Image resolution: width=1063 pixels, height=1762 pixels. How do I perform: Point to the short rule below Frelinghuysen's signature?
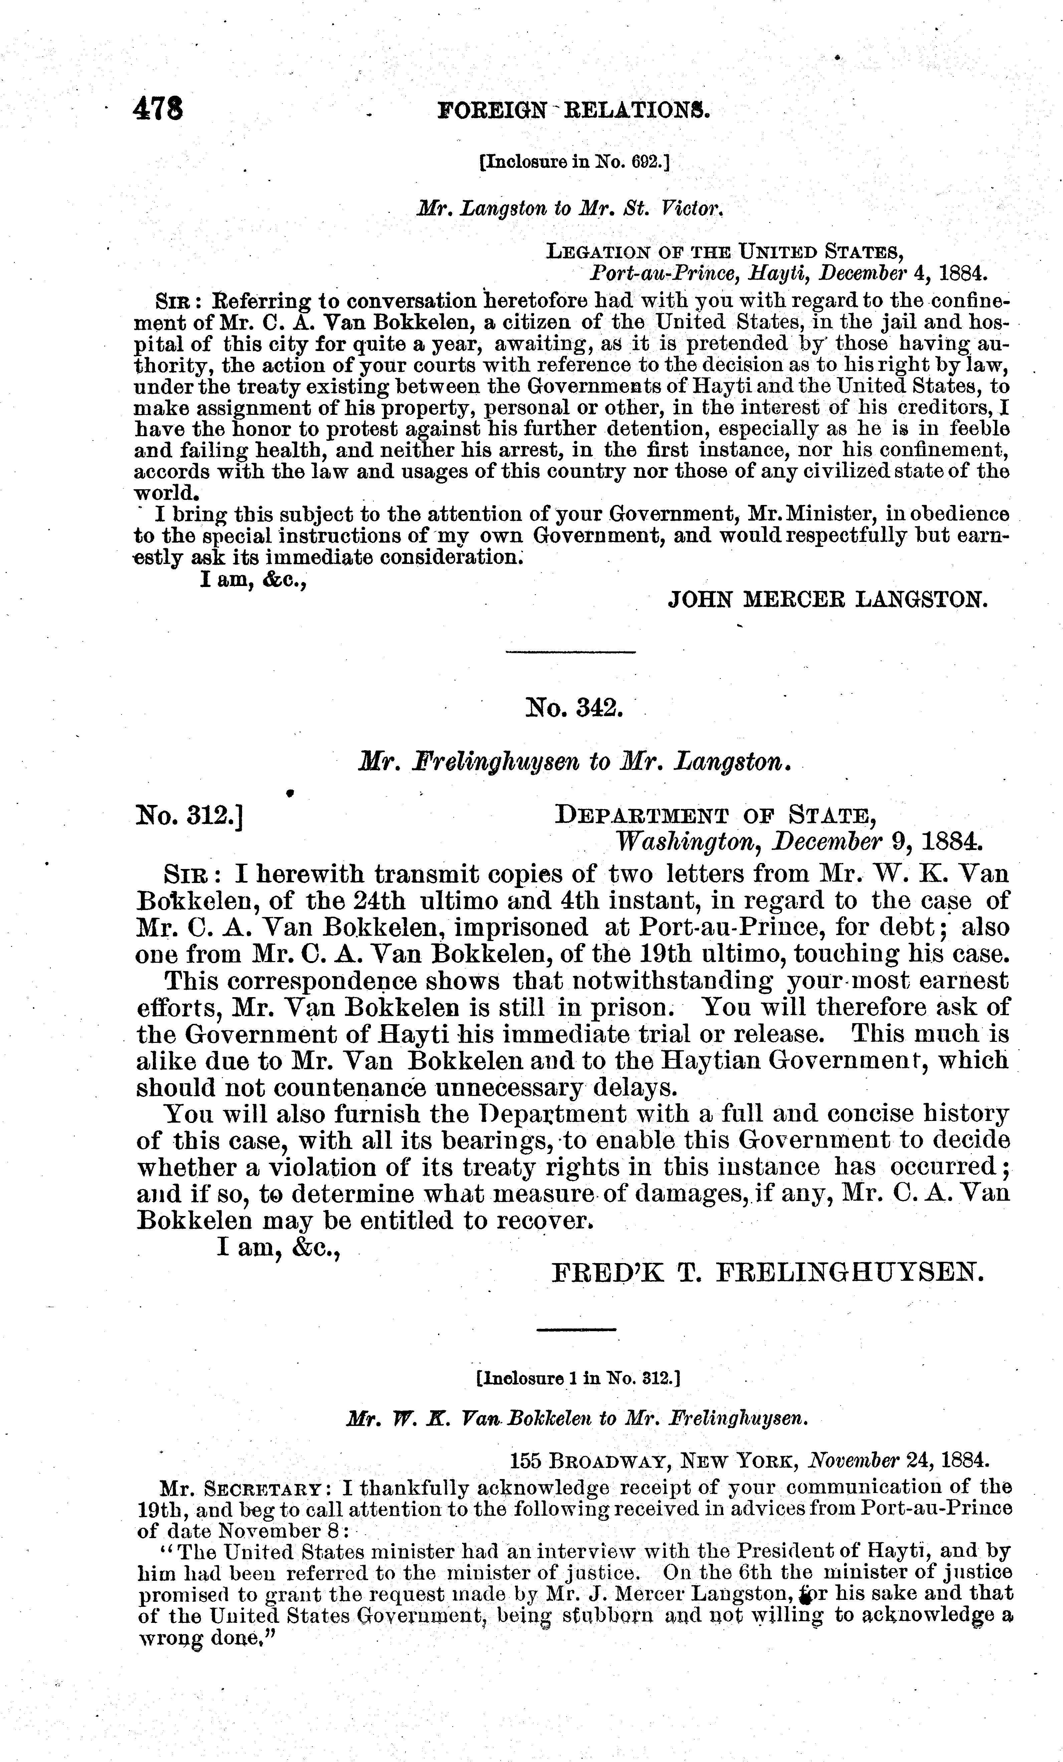click(576, 1330)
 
